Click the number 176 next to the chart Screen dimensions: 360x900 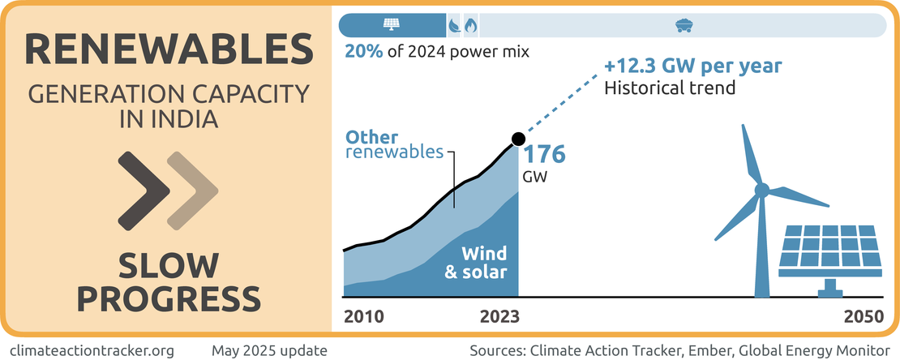coord(542,155)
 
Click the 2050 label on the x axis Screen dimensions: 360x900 coord(863,316)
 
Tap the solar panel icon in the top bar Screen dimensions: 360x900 coord(391,25)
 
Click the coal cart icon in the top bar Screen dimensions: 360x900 coord(684,25)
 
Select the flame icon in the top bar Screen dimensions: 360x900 coord(469,25)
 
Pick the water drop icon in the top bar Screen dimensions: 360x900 coord(455,25)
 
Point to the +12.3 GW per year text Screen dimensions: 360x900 coord(692,66)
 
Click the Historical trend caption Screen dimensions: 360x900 coord(670,87)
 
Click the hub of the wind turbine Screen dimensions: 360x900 coord(761,191)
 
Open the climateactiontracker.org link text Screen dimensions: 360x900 coord(96,350)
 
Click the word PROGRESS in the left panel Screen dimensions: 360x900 coord(168,298)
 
